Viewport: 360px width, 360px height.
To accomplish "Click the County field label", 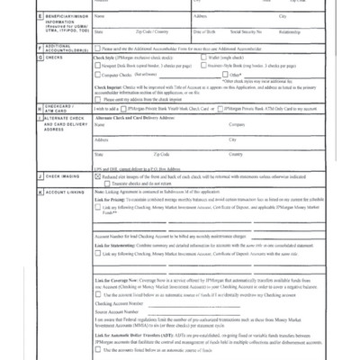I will click(236, 155).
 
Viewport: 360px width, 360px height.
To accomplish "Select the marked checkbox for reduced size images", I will click(97, 177).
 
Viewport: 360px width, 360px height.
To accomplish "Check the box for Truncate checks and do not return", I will click(97, 184).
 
